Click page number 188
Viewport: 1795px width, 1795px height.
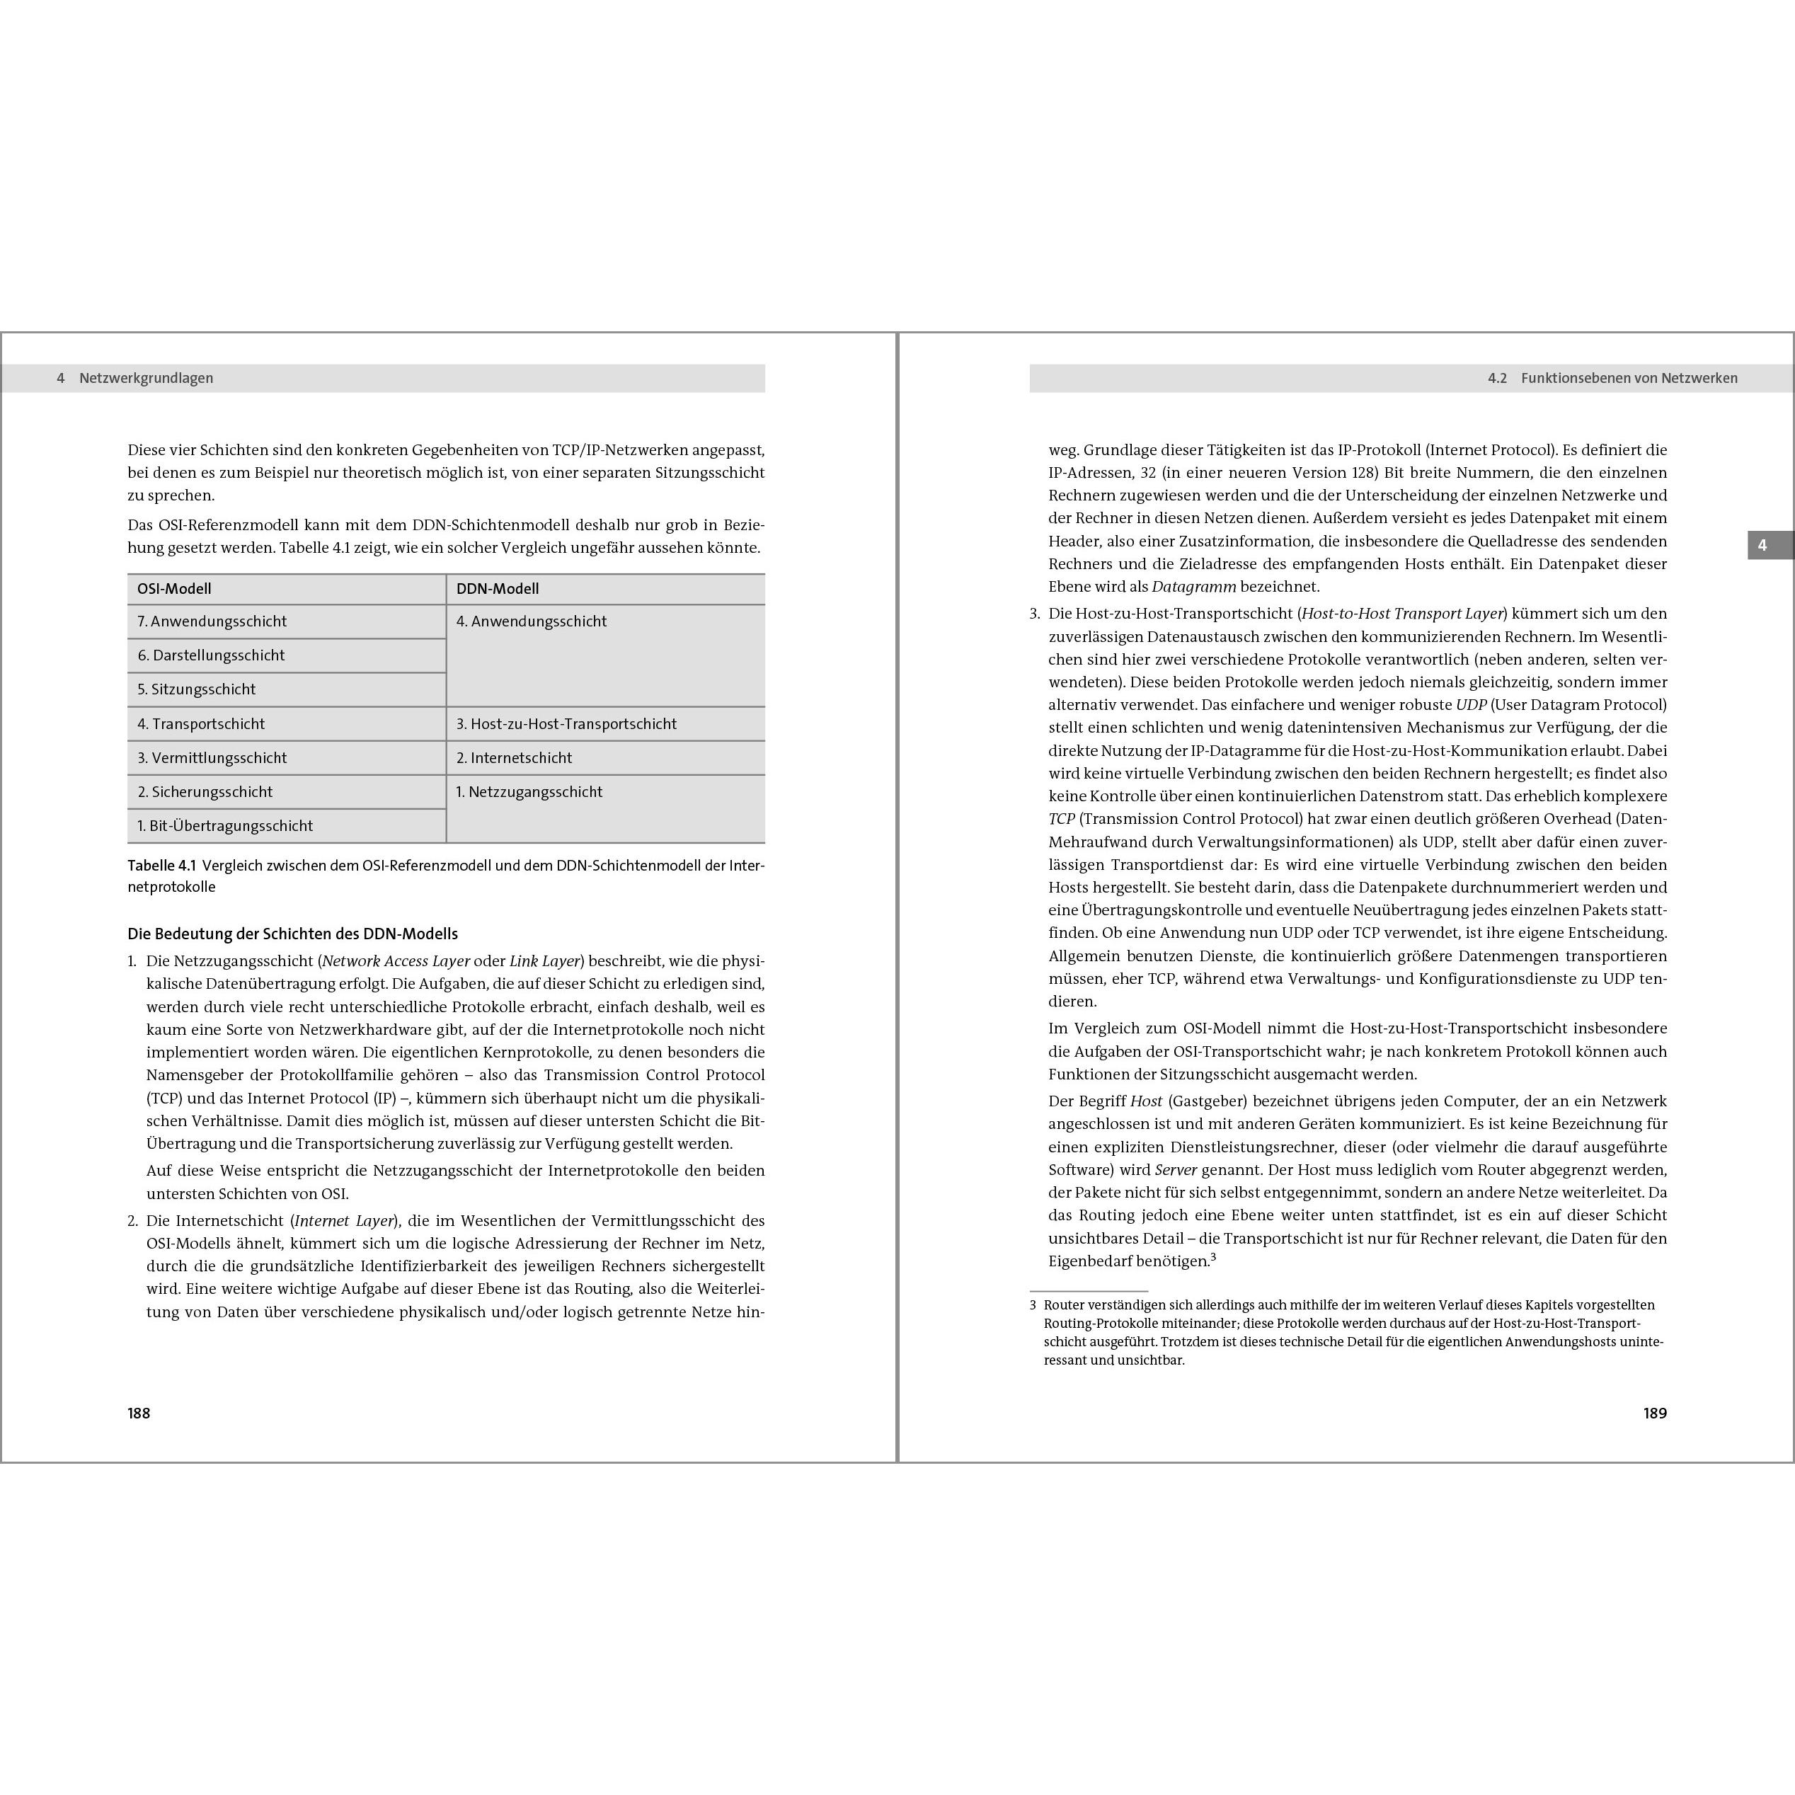coord(139,1413)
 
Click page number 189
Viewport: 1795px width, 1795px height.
coord(1655,1413)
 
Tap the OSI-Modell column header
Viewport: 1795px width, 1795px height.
coord(175,589)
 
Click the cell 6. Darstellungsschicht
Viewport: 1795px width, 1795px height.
coord(211,655)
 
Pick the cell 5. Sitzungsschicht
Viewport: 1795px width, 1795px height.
coord(196,689)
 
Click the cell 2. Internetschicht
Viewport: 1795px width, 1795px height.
coord(514,758)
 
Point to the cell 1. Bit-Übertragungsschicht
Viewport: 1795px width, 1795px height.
coord(225,826)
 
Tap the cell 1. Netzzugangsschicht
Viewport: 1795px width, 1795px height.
coord(529,791)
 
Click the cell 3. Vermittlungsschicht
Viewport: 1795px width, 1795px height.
coord(212,758)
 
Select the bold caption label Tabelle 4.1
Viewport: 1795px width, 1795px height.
coord(161,866)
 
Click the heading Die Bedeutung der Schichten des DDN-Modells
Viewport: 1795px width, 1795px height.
coord(292,934)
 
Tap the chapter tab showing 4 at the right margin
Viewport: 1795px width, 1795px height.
coord(1762,546)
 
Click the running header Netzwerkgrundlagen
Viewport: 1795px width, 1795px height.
coord(146,378)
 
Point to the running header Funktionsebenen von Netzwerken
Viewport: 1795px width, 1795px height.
coord(1629,378)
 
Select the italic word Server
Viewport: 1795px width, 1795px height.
coord(1175,1170)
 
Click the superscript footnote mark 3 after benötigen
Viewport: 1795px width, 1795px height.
coord(1213,1258)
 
